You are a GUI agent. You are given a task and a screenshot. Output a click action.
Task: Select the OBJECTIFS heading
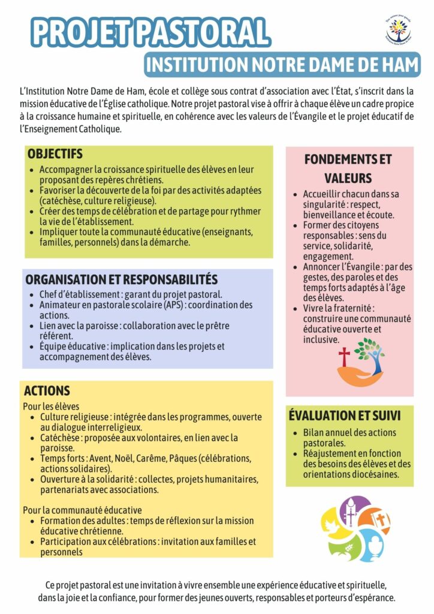pos(55,154)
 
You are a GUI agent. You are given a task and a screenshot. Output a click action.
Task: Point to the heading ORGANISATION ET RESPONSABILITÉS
pos(121,280)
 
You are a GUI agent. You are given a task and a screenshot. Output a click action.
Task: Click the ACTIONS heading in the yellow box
pos(47,391)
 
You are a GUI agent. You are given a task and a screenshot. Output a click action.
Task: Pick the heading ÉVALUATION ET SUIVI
pos(344,415)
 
